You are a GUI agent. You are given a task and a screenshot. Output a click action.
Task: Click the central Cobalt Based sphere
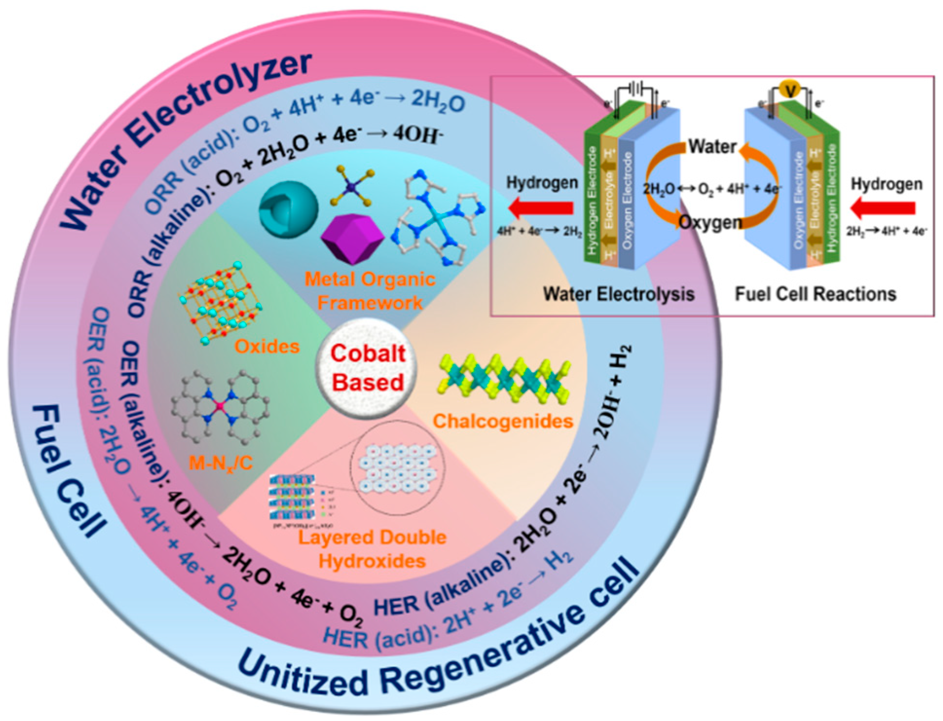click(x=368, y=369)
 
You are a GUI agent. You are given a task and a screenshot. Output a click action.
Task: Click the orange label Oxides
click(x=267, y=347)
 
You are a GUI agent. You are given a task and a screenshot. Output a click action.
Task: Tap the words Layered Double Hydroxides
click(x=372, y=549)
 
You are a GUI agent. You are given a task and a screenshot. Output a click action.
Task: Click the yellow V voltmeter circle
click(x=789, y=90)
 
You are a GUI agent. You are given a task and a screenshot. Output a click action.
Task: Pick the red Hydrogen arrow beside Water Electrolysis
click(x=540, y=208)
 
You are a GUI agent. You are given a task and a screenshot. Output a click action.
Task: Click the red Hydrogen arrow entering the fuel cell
click(x=883, y=208)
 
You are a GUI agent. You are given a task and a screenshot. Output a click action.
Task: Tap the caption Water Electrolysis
click(x=618, y=294)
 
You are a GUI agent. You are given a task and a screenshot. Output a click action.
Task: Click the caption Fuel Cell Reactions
click(x=815, y=294)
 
